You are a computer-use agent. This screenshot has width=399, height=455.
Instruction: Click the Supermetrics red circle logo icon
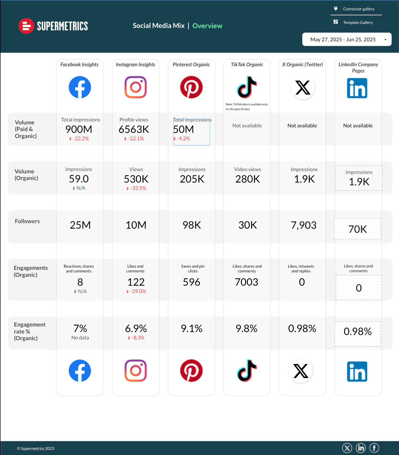tap(26, 26)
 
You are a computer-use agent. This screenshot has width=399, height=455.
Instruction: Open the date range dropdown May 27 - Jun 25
tap(346, 39)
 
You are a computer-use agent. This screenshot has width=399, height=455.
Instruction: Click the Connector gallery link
tap(358, 9)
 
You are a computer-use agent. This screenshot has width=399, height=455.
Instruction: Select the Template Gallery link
tap(357, 22)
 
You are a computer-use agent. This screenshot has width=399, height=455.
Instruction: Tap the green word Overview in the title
tap(207, 26)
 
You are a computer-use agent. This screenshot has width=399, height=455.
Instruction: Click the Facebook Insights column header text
tap(80, 64)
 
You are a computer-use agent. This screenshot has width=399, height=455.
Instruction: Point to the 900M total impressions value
tap(79, 130)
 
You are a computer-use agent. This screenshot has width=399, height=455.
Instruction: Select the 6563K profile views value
tap(134, 130)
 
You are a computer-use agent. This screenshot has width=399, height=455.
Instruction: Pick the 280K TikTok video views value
tap(248, 179)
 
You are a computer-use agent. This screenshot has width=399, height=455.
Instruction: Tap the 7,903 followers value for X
tap(304, 225)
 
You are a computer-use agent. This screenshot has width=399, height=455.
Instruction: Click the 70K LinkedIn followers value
tap(358, 229)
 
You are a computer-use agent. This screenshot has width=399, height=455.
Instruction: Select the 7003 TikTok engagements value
tap(247, 282)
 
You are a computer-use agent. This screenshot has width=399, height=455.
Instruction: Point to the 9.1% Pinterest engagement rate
tap(192, 329)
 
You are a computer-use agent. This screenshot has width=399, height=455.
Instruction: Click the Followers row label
tap(27, 221)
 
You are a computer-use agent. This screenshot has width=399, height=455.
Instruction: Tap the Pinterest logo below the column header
tap(191, 87)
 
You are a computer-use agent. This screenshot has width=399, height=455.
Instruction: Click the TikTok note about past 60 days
tap(247, 107)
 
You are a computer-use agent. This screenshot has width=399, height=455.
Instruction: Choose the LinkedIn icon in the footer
tap(361, 448)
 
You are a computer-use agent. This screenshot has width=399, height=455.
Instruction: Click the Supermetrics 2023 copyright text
tap(36, 448)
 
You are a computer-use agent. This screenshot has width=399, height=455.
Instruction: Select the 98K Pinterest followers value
tap(192, 225)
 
